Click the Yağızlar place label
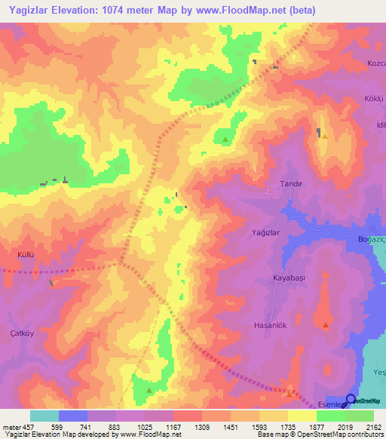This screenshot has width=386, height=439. pyautogui.click(x=265, y=234)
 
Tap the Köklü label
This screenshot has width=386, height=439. pyautogui.click(x=374, y=99)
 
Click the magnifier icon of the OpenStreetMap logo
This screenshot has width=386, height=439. pyautogui.click(x=351, y=400)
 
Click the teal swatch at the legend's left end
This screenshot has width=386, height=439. pyautogui.click(x=44, y=416)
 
